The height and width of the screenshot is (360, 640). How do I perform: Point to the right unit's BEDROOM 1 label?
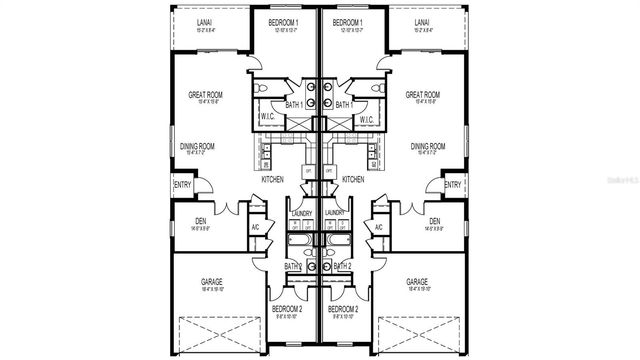point(348,21)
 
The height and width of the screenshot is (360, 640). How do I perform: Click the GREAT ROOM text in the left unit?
point(205,96)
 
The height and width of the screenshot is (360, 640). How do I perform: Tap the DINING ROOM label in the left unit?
point(200,146)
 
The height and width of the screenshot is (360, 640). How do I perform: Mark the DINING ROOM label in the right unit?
point(428,146)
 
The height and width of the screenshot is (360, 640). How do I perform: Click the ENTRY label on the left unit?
point(183,185)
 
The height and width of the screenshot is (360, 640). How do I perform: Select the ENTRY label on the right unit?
point(452,185)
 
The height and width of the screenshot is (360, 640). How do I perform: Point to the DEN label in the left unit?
point(189,221)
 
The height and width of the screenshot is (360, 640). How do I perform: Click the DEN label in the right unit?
point(434,221)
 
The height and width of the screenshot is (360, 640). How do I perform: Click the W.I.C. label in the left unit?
point(268,118)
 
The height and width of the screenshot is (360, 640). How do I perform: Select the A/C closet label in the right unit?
point(379,228)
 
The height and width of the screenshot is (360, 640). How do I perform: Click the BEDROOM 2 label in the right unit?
point(346,309)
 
